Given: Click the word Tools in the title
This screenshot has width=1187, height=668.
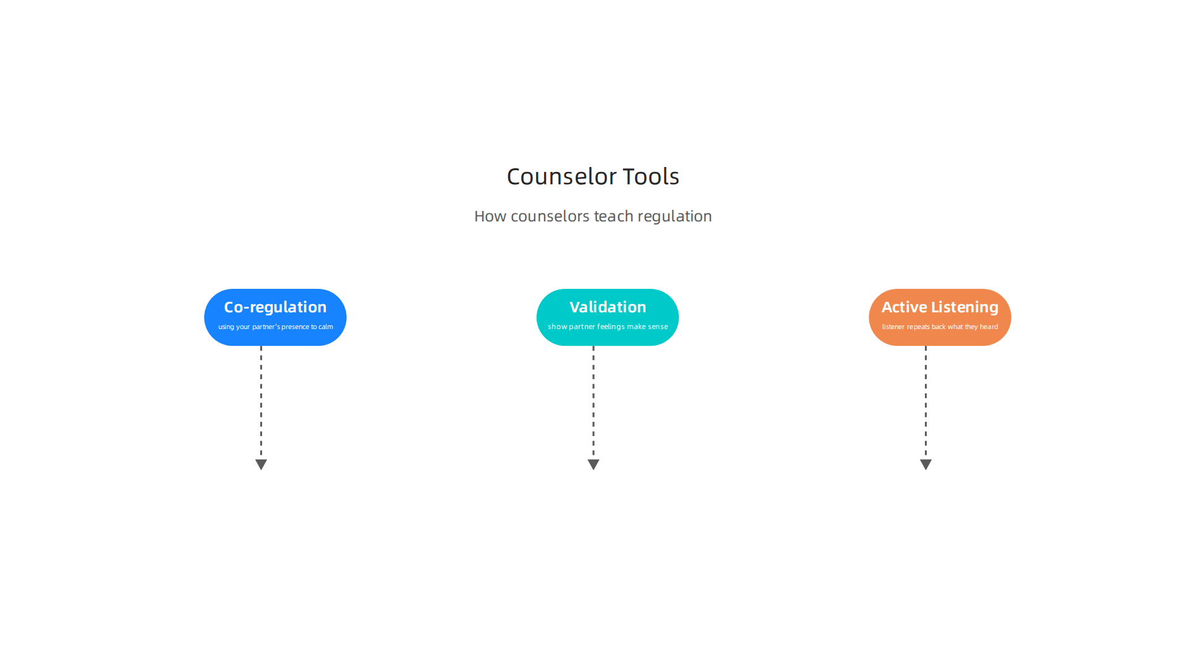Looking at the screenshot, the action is pos(651,177).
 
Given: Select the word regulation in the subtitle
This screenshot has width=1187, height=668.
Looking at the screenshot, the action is pos(674,216).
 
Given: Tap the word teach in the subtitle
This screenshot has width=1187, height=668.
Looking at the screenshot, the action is pos(613,216).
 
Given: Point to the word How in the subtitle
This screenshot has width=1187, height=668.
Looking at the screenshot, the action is pos(490,216).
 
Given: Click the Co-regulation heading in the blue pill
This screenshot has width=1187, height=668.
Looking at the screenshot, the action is pos(275,307).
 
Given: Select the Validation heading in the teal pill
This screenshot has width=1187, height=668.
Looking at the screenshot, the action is pos(608,307).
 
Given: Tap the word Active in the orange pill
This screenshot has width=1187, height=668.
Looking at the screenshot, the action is pos(904,307).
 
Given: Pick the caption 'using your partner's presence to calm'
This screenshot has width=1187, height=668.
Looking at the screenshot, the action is pos(276,327).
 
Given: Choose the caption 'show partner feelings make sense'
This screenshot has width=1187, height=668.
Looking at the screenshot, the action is pos(608,327).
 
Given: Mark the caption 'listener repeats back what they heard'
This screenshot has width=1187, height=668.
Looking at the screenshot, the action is pos(940,327).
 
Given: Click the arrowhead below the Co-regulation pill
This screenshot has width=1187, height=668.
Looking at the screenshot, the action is pos(261,464).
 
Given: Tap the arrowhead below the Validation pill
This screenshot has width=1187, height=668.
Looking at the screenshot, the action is pos(593,464).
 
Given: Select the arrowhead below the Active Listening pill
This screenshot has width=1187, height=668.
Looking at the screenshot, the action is pos(925,464).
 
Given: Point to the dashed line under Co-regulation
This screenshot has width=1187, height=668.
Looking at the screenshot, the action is pos(261,403).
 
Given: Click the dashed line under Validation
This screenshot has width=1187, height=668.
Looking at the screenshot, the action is pos(593,403).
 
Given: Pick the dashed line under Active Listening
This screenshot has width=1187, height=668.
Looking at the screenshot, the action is pos(925,403).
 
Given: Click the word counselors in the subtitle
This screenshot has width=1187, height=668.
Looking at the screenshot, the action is pos(550,216).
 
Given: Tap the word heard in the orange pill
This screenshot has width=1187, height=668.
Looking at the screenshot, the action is pos(989,327).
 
